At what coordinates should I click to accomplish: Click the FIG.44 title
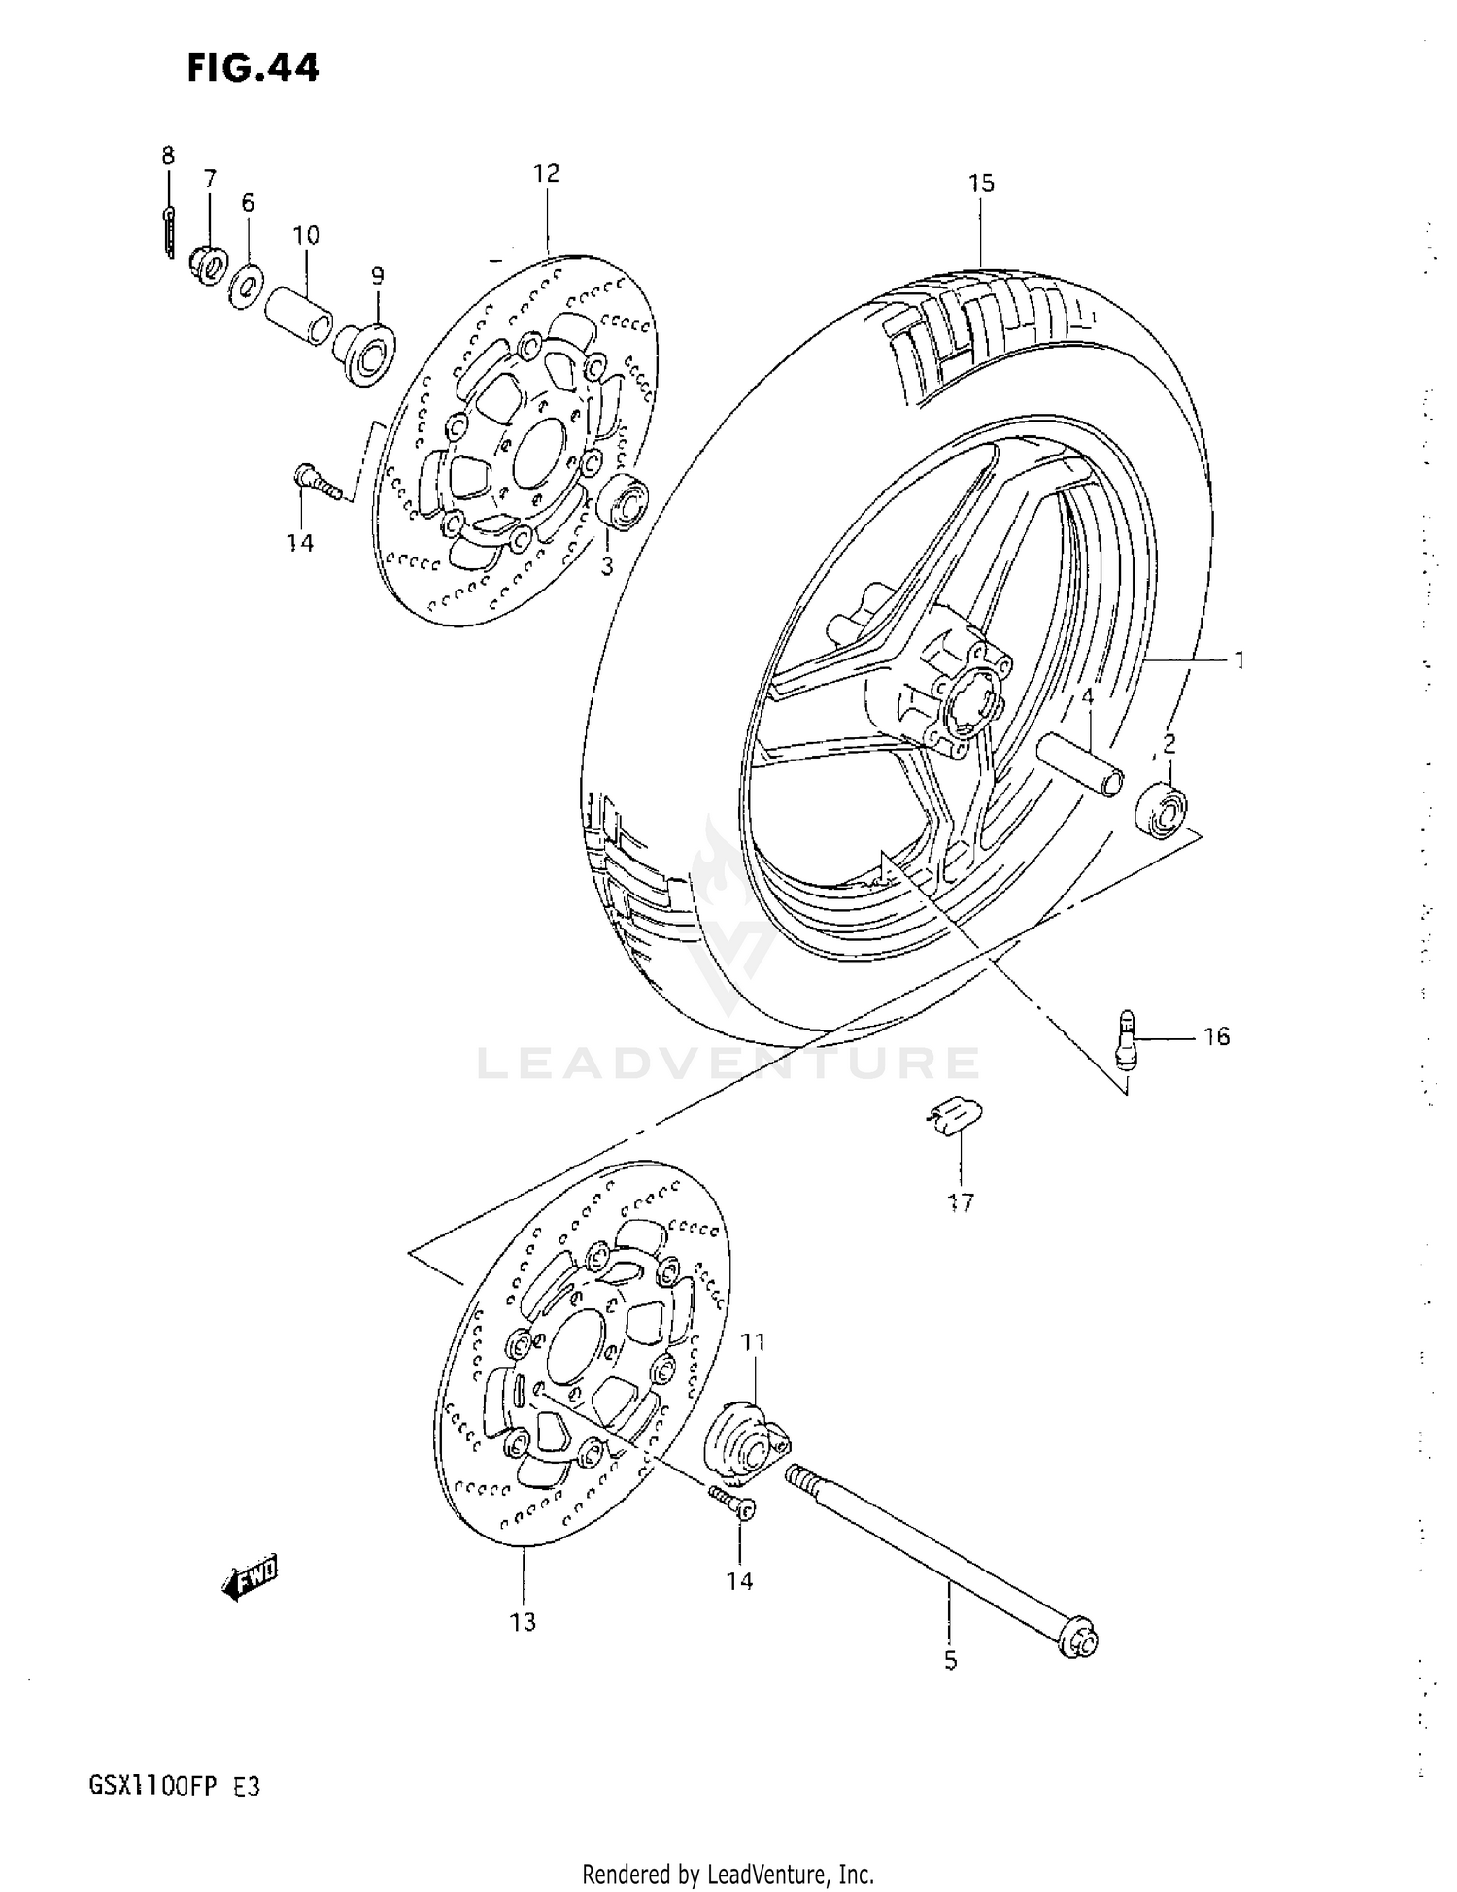254,69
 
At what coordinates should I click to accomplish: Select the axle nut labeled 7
208,264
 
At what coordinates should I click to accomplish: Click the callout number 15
981,183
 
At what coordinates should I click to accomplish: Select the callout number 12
547,173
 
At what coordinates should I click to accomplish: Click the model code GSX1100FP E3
175,1787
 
